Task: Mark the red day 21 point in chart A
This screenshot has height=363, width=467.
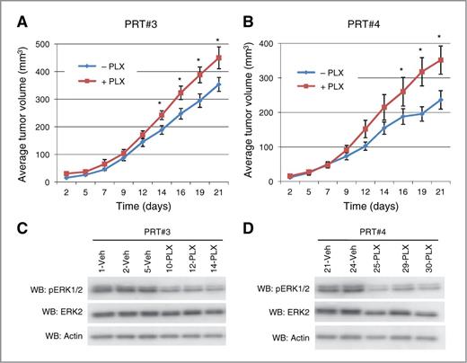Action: pyautogui.click(x=218, y=58)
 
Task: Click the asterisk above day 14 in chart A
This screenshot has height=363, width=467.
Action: pyautogui.click(x=160, y=102)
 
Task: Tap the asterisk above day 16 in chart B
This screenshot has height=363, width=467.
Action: pyautogui.click(x=401, y=69)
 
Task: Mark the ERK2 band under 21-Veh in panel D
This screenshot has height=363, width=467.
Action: pyautogui.click(x=324, y=315)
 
